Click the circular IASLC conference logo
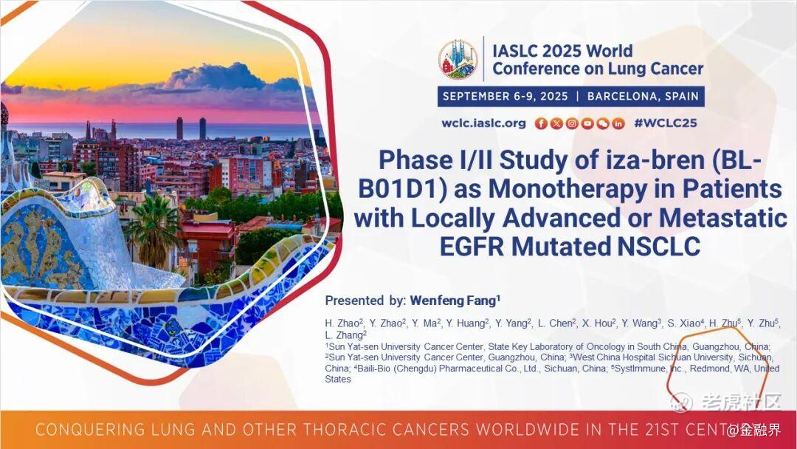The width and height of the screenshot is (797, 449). click(x=458, y=60)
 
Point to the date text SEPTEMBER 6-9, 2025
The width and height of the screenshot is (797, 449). click(x=505, y=97)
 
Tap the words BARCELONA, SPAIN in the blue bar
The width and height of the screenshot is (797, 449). click(x=643, y=97)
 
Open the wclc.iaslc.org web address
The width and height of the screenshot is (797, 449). click(x=483, y=123)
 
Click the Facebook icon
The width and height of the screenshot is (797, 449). click(x=541, y=123)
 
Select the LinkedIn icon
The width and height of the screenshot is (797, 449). click(x=618, y=123)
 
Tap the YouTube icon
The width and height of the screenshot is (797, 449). click(x=587, y=123)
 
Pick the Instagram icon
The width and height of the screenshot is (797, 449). click(x=572, y=123)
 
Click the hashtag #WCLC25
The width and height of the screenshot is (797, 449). click(x=666, y=123)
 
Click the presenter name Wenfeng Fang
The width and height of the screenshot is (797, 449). click(x=455, y=301)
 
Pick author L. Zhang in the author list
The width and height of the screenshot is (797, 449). click(x=345, y=335)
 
